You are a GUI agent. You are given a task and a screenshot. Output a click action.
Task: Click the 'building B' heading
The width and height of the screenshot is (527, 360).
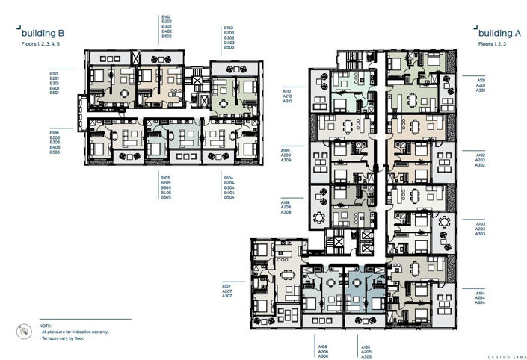tap(45, 34)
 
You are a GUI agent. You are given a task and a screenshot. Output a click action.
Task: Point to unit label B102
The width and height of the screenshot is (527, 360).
tap(167, 16)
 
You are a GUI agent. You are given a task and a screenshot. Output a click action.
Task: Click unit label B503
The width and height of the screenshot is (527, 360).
tap(229, 47)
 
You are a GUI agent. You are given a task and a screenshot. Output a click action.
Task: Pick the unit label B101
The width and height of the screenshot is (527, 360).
tap(55, 72)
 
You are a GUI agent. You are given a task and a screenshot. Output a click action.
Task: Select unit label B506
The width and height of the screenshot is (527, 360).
tap(55, 153)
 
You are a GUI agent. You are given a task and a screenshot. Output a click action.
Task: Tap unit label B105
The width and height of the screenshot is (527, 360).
tap(167, 179)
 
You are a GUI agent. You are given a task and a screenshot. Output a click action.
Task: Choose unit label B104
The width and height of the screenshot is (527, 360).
tap(229, 179)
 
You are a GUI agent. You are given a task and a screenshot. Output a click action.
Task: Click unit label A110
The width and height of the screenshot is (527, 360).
tap(286, 90)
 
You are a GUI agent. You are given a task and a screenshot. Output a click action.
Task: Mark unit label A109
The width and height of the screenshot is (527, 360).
tap(286, 150)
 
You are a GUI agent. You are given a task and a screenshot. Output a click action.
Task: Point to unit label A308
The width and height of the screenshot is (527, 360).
tap(286, 212)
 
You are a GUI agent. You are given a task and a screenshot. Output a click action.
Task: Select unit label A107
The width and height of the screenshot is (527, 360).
tap(226, 285)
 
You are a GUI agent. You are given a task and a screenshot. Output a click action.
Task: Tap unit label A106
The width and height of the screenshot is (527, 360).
tap(323, 347)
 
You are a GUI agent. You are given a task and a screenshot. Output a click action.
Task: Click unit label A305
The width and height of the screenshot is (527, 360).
tap(366, 356)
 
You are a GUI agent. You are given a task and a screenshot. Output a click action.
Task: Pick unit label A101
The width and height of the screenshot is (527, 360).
tap(481, 78)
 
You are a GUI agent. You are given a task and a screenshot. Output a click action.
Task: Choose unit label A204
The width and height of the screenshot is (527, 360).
tap(481, 297)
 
